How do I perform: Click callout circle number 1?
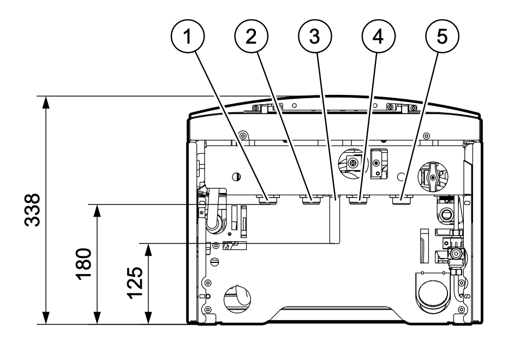(x=188, y=36)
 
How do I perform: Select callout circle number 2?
(x=251, y=36)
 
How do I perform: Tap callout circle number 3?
(x=315, y=36)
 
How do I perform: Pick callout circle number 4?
(x=378, y=36)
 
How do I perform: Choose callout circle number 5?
(x=442, y=36)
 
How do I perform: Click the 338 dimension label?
(x=33, y=210)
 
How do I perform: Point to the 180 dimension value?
(x=83, y=264)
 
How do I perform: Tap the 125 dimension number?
(x=135, y=283)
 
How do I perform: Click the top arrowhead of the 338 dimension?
(x=46, y=102)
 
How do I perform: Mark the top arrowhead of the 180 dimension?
(x=97, y=211)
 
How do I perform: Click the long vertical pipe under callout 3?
(x=334, y=220)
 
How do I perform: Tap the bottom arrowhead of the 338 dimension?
(x=46, y=318)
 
